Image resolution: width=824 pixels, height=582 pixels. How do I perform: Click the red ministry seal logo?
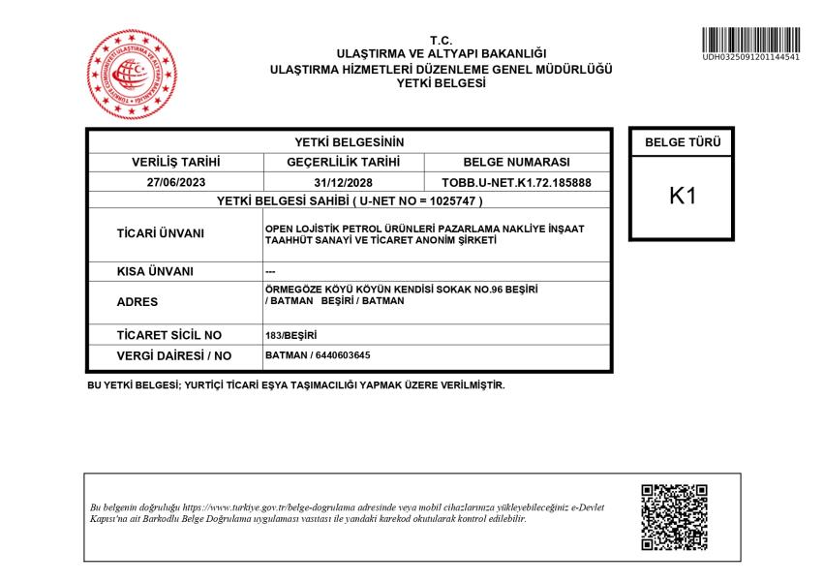point(133,76)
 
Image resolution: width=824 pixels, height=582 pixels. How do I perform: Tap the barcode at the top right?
point(751,41)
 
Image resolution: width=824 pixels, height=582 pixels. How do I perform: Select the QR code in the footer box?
point(674,517)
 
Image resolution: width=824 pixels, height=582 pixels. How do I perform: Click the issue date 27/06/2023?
point(176,182)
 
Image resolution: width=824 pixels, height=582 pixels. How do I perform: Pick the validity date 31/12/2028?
point(344,182)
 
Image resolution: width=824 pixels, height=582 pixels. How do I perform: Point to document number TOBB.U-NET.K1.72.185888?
point(517,182)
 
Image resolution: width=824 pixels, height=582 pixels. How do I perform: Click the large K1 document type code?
point(683,196)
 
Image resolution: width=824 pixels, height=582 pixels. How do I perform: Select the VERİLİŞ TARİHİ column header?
point(176,162)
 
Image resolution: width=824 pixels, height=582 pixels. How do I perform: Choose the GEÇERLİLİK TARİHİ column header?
point(344,162)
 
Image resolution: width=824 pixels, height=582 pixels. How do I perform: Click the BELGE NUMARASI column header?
point(517,162)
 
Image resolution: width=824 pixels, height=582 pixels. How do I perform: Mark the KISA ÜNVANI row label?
point(155,272)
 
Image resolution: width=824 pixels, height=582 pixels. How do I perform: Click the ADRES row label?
point(137,301)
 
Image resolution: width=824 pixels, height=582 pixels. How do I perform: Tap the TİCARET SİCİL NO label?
point(168,335)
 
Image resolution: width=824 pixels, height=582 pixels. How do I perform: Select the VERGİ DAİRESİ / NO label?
point(174,355)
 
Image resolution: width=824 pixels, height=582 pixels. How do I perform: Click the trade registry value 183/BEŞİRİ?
point(290,335)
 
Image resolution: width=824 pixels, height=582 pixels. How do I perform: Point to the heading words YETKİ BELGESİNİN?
point(349,142)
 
